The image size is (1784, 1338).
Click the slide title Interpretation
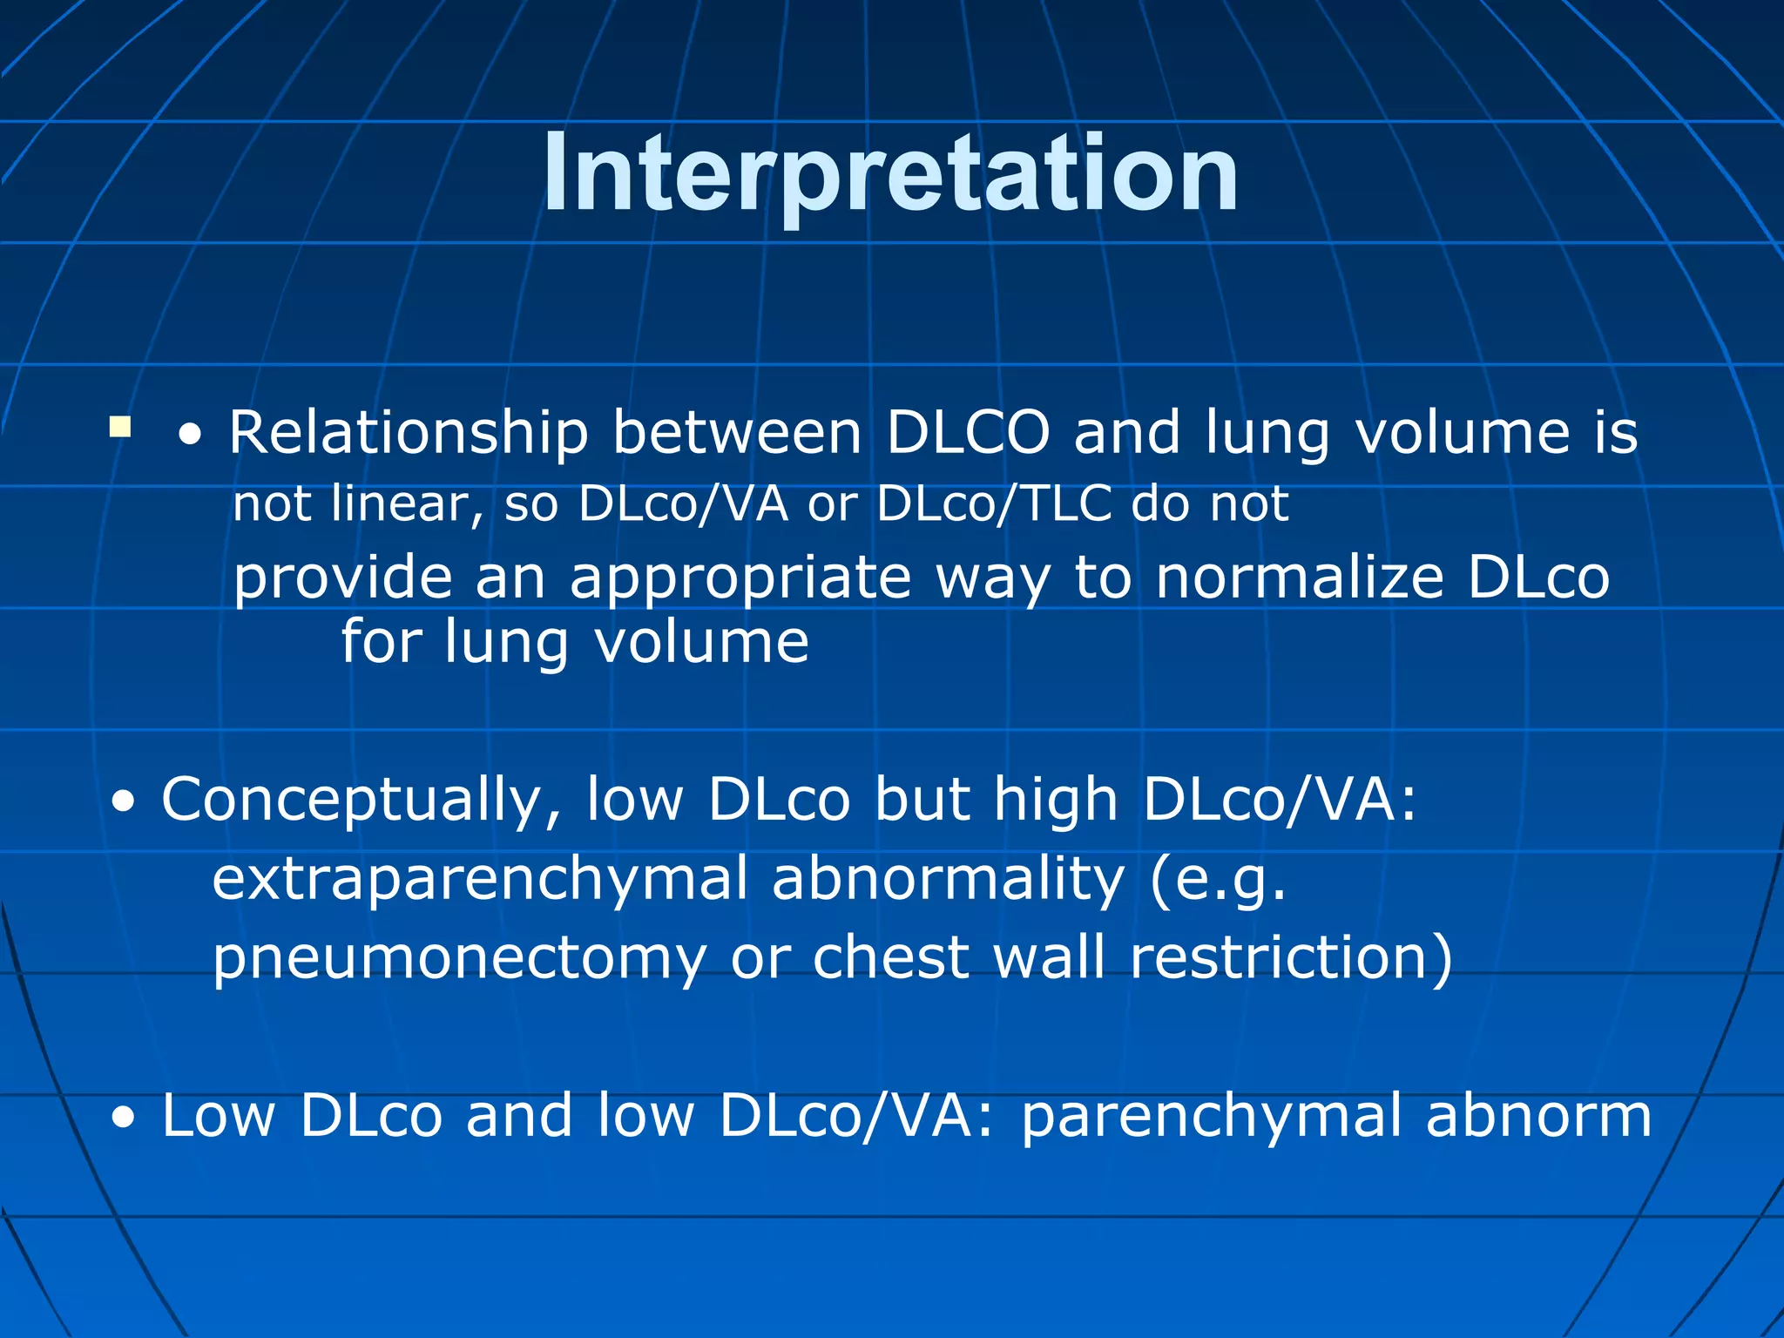pos(890,174)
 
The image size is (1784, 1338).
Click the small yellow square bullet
pos(120,427)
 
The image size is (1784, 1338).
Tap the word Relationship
pos(409,433)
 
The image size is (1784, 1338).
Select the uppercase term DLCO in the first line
pos(968,433)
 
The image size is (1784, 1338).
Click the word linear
pos(407,504)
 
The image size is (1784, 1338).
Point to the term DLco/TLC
pos(994,504)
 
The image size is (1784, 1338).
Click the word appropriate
pos(740,579)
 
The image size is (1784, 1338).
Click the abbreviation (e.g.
pos(1218,880)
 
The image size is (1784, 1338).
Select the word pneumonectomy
pos(459,957)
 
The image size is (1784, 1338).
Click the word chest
pos(891,957)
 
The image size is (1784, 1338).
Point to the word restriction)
pos(1292,957)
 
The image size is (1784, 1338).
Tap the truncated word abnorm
pos(1538,1116)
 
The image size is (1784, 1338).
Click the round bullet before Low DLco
pos(124,1118)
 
